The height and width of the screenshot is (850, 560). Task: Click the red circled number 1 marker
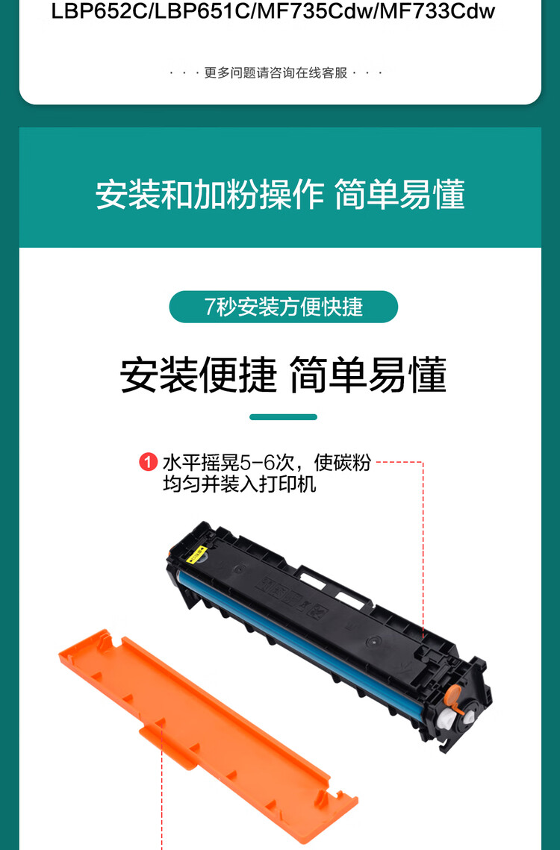click(x=148, y=463)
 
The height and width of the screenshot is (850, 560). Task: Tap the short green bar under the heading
click(x=283, y=417)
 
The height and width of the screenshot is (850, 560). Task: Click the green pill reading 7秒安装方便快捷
click(x=283, y=307)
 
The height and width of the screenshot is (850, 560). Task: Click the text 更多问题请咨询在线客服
click(x=276, y=73)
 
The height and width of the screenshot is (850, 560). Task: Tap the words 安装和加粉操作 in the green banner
click(x=209, y=195)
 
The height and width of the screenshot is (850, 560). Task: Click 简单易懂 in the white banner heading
click(x=399, y=195)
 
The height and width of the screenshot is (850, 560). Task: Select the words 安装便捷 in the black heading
click(x=199, y=375)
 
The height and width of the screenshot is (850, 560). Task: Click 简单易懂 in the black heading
click(x=367, y=375)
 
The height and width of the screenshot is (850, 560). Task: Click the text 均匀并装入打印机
click(x=240, y=484)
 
